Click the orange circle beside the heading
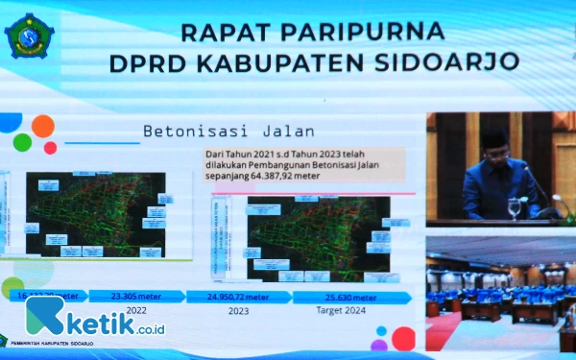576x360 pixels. tap(43, 126)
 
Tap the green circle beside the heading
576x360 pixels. tap(23, 142)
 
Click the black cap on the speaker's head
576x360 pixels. tap(493, 137)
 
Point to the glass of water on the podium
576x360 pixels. tap(515, 207)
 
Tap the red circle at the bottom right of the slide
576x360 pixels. tap(404, 338)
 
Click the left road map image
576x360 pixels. tap(96, 213)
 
